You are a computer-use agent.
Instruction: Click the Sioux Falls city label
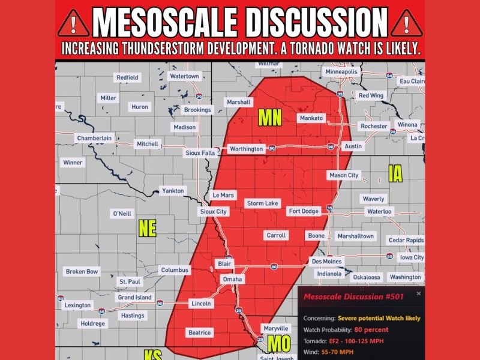tap(199, 153)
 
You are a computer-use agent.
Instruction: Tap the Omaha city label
tap(232, 279)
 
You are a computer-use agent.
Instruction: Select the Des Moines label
tap(326, 262)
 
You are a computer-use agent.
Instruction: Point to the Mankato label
tap(311, 118)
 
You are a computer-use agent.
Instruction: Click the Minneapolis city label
tap(341, 72)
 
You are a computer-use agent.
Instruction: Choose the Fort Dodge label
tap(304, 211)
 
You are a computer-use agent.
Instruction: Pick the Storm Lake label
tap(262, 203)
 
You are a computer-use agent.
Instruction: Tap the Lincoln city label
tap(201, 304)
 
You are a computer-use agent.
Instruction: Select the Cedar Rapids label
tap(405, 241)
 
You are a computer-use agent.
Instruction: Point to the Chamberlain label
tap(94, 138)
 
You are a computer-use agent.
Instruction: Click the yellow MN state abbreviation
tap(269, 118)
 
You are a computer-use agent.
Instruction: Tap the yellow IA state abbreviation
tap(395, 174)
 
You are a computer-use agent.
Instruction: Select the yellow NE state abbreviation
tap(147, 228)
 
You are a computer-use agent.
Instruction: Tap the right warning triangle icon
tap(406, 23)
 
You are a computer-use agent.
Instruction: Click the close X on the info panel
tap(418, 294)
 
